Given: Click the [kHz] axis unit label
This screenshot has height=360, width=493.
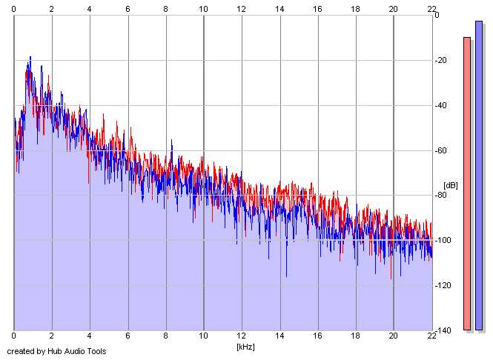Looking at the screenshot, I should tap(245, 346).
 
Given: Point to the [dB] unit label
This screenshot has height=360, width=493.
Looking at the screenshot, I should tap(450, 185).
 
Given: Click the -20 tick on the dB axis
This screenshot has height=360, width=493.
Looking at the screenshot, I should tap(442, 60).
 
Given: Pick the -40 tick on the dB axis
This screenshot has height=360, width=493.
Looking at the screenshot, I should tap(442, 105).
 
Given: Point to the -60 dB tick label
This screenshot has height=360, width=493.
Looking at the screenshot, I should tap(442, 150).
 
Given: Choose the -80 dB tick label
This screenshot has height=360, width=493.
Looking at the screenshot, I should tap(442, 196).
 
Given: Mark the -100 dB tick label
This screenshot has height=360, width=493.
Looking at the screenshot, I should tap(444, 241).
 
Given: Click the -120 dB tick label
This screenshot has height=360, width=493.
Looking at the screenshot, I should tap(444, 286).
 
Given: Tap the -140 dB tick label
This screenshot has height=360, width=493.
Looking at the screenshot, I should tap(444, 331).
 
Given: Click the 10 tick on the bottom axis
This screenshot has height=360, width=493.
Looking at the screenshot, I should tap(204, 338).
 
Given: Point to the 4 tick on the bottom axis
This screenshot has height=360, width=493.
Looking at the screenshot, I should tap(90, 338).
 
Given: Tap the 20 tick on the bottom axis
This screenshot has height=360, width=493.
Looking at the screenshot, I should tap(394, 338).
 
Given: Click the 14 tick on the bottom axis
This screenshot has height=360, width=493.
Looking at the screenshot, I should tap(279, 338).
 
